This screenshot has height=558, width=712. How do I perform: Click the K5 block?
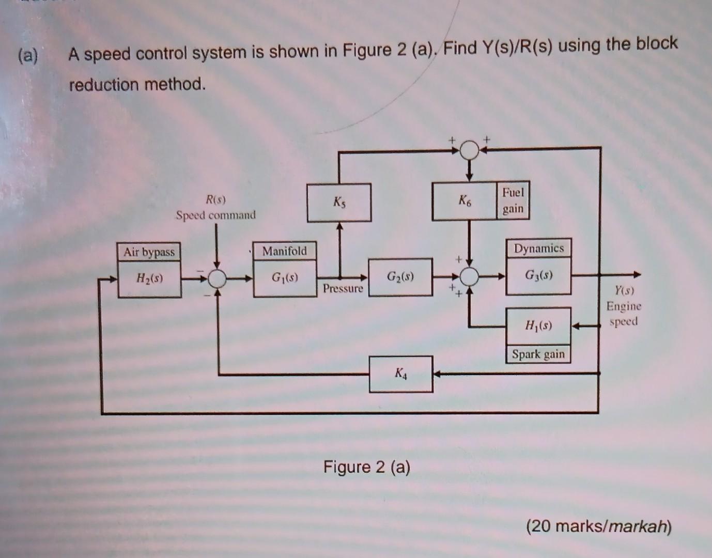(339, 203)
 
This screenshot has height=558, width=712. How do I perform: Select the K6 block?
(465, 202)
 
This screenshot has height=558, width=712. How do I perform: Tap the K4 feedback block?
(401, 374)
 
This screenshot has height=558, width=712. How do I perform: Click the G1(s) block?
(285, 278)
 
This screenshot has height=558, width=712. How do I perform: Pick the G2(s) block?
(400, 277)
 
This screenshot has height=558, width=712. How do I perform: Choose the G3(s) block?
(538, 276)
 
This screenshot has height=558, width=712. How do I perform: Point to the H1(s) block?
(538, 326)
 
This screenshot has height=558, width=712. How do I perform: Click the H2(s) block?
(149, 279)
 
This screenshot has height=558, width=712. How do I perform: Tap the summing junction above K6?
(470, 150)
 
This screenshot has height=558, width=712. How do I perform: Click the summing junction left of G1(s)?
(217, 278)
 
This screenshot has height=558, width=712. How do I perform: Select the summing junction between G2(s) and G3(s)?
(470, 277)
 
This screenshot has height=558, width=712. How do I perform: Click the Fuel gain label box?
(513, 200)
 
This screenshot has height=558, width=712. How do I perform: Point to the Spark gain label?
(538, 354)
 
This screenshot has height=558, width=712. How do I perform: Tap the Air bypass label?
(149, 252)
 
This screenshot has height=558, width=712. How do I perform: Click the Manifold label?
(284, 251)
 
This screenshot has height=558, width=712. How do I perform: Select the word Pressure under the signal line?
(343, 288)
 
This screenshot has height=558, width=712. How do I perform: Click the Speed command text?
(215, 215)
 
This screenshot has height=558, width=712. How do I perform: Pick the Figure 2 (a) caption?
(367, 467)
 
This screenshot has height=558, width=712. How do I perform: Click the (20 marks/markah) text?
(599, 526)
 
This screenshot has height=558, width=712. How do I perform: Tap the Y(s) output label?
(624, 290)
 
